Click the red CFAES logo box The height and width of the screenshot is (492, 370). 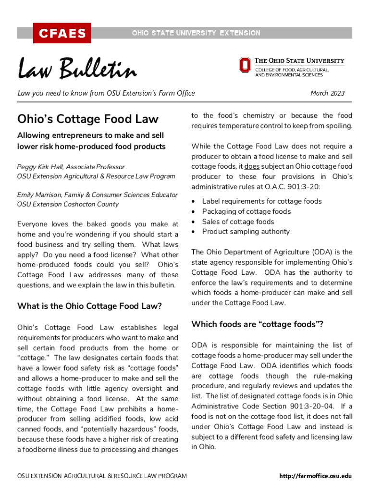62,33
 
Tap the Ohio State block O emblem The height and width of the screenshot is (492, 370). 245,65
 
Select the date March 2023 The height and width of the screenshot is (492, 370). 327,93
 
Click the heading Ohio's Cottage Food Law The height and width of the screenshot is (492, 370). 88,119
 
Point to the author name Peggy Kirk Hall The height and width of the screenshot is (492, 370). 42,167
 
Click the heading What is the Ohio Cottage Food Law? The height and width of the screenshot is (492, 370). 89,306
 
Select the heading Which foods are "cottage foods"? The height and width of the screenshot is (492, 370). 257,324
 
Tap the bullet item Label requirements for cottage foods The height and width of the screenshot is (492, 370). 262,201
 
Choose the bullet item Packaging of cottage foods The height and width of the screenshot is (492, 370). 247,211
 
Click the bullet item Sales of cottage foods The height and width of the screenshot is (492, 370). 238,221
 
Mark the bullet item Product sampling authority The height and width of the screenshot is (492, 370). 246,232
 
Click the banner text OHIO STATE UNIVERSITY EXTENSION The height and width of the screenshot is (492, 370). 196,33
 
